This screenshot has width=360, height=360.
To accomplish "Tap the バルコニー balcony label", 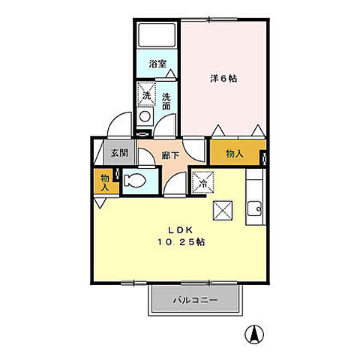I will [196, 300].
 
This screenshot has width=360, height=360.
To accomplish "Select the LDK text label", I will [180, 230].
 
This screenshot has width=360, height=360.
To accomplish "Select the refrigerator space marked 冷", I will [201, 182].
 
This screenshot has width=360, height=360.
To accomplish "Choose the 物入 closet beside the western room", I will [234, 153].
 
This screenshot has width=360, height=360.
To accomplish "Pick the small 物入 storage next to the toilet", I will [104, 182].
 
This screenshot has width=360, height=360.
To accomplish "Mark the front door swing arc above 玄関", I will [118, 125].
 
